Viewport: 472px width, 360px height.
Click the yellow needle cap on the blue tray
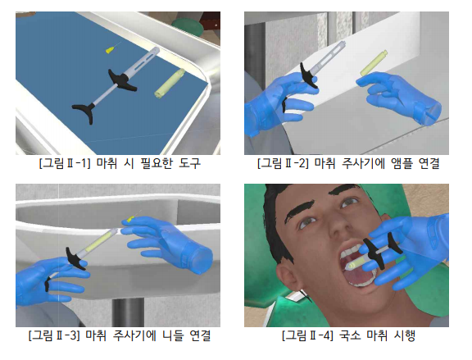click(111, 50)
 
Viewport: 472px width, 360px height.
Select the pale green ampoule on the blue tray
click(170, 83)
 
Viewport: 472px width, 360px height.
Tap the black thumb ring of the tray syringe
click(84, 112)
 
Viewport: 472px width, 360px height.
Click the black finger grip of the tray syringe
click(122, 81)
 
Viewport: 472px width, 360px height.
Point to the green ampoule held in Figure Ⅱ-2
click(374, 64)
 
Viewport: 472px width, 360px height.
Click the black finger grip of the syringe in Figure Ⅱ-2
click(308, 75)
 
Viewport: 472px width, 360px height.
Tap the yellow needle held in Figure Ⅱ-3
click(132, 219)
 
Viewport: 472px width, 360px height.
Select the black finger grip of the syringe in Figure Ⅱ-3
click(76, 258)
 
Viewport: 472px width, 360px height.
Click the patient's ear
click(288, 277)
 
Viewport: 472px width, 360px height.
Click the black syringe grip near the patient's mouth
click(383, 250)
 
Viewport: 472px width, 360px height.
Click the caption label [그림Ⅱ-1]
click(65, 163)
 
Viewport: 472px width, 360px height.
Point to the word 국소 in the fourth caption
click(349, 335)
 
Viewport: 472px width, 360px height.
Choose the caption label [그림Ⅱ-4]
click(307, 335)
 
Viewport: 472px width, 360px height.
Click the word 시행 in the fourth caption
click(405, 335)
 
